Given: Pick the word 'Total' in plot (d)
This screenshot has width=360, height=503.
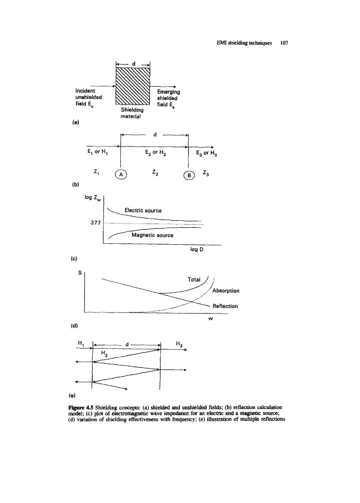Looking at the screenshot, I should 196,279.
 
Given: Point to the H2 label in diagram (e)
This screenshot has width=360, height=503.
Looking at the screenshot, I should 104,353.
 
